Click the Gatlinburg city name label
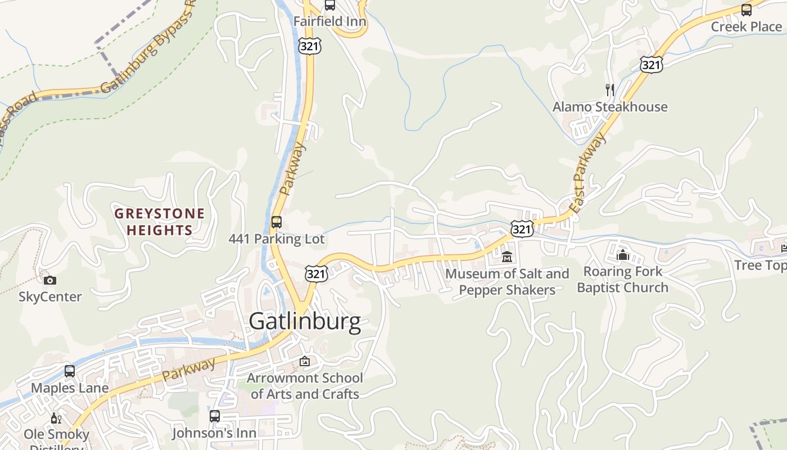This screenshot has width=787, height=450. click(x=305, y=321)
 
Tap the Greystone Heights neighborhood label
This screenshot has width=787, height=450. click(x=160, y=222)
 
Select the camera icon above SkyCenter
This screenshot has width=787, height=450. click(x=50, y=280)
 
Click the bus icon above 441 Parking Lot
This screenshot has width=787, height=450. click(x=277, y=222)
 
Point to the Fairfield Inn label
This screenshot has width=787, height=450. click(x=330, y=21)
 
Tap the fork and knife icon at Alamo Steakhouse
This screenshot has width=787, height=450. click(x=610, y=89)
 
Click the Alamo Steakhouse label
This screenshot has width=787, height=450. click(x=610, y=107)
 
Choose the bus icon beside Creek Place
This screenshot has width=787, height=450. click(x=747, y=10)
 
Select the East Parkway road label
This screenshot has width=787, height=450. click(x=589, y=173)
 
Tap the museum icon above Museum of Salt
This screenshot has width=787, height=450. click(x=507, y=256)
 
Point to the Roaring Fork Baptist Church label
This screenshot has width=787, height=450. click(x=622, y=279)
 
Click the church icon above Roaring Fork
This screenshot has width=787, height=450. click(x=622, y=255)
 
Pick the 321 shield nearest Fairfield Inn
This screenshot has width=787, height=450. click(x=310, y=47)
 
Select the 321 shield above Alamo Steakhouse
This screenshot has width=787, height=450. click(x=651, y=65)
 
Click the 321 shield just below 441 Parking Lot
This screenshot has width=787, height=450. click(x=316, y=273)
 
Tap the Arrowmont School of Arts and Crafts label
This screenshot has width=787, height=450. click(x=305, y=386)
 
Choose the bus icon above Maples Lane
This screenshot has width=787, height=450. click(x=70, y=371)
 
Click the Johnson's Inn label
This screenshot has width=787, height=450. click(x=214, y=433)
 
